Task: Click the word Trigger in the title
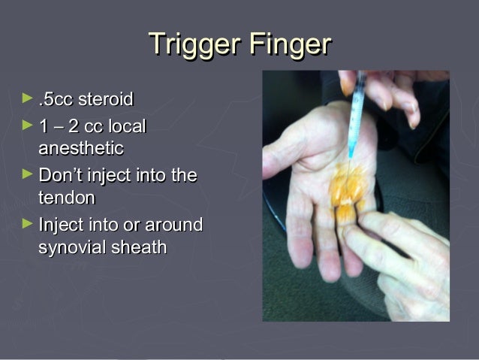192,44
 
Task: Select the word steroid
109,99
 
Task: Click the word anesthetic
80,148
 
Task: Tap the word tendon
67,198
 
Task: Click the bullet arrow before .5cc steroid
29,98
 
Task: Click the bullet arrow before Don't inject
29,175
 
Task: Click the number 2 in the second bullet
74,126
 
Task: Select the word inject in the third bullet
113,176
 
